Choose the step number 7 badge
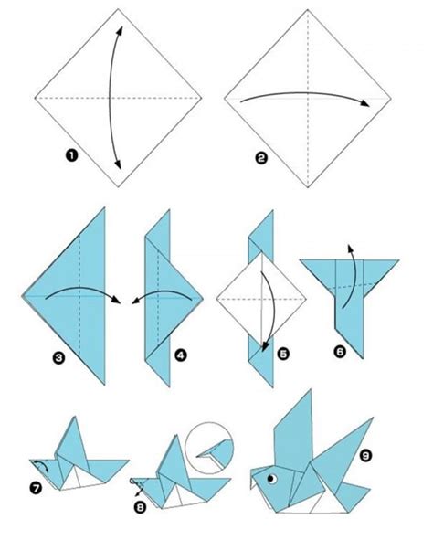point(37,486)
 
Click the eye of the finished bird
point(271,477)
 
